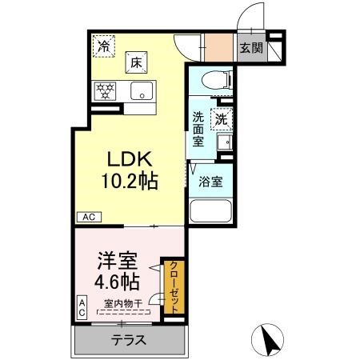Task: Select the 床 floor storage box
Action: click(137, 60)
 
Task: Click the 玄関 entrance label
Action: click(251, 48)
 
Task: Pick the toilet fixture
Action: click(214, 78)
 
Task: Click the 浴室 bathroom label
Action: click(211, 181)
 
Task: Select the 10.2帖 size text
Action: click(128, 181)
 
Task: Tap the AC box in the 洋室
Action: click(82, 308)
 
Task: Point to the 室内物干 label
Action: click(122, 303)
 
